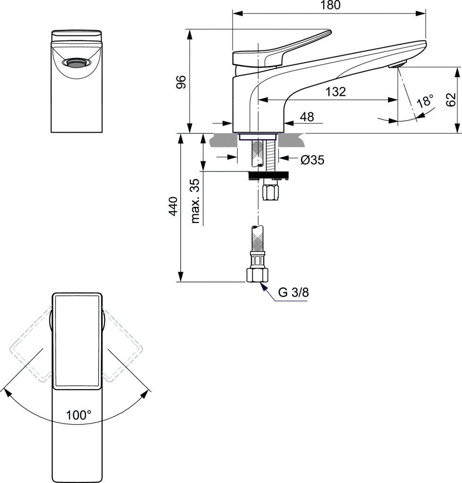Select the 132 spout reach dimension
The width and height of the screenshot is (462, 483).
[x=336, y=92]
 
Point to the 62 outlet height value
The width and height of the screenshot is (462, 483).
[x=451, y=100]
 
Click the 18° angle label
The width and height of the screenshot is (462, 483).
[x=425, y=101]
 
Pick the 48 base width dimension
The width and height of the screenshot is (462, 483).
[x=307, y=117]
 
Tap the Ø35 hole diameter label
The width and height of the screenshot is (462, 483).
[x=312, y=160]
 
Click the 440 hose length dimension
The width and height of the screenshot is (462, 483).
[x=173, y=207]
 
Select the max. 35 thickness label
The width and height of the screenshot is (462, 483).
[x=195, y=201]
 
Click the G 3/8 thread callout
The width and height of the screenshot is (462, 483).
[x=293, y=292]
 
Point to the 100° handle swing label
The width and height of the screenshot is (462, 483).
[x=78, y=416]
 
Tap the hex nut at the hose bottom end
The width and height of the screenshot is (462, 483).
[x=257, y=275]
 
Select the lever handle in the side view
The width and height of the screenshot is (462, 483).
[x=283, y=49]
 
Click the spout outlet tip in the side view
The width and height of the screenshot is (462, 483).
[x=398, y=65]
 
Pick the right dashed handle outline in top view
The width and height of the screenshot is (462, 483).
[x=123, y=348]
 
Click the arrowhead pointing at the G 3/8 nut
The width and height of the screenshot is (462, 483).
[x=263, y=286]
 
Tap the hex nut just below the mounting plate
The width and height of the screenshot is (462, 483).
[x=270, y=193]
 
